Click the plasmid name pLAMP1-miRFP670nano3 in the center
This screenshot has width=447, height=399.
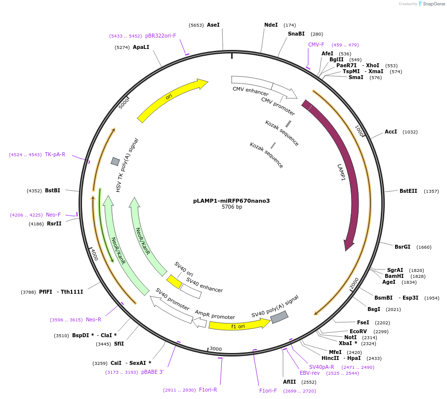click(231, 201)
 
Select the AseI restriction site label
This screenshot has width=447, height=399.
click(213, 25)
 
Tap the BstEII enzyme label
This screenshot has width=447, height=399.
click(408, 191)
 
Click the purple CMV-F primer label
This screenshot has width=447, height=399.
click(316, 44)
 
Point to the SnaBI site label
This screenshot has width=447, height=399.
click(296, 34)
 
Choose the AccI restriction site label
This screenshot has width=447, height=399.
click(391, 132)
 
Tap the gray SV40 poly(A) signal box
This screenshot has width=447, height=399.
click(279, 317)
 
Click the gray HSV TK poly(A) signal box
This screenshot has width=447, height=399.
click(115, 161)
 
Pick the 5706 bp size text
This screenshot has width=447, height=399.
click(232, 207)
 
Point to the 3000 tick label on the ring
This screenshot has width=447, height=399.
click(215, 349)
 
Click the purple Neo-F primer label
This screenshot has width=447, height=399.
click(53, 215)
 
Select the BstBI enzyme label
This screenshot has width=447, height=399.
click(52, 190)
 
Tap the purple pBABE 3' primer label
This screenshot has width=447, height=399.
click(152, 372)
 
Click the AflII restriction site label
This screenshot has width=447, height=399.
click(289, 382)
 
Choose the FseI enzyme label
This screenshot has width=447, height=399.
click(363, 322)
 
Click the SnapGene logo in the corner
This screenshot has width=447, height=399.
click(431, 4)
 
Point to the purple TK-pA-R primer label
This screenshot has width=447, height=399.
click(55, 154)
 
